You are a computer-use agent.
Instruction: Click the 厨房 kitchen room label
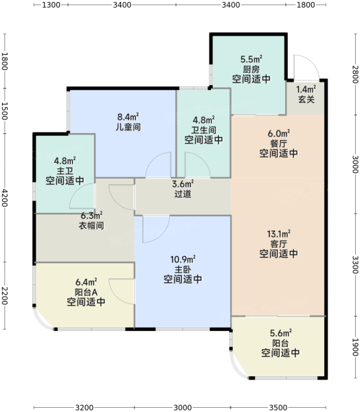tap(251, 69)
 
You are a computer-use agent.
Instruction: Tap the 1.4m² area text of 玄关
tap(306, 89)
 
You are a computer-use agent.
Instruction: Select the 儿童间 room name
tap(128, 127)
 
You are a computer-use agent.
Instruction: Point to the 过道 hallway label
tap(183, 194)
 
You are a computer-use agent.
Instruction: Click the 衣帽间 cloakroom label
tap(91, 225)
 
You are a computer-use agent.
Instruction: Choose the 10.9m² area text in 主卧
tap(183, 260)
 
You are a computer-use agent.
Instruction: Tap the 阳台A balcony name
tap(86, 293)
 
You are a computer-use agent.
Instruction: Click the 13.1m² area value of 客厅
tap(279, 233)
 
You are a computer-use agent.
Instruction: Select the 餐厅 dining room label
tap(279, 144)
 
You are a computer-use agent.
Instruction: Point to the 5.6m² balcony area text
tap(280, 333)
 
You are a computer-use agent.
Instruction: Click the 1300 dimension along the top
tap(51, 5)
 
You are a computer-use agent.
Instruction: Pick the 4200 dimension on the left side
tap(5, 198)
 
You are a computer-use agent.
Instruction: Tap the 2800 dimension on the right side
tap(355, 74)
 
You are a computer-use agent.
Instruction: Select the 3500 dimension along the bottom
tap(278, 407)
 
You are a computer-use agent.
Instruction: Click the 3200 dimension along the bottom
tap(84, 407)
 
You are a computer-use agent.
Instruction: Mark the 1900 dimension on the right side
tap(355, 347)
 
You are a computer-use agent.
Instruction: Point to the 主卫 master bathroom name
tap(65, 171)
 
